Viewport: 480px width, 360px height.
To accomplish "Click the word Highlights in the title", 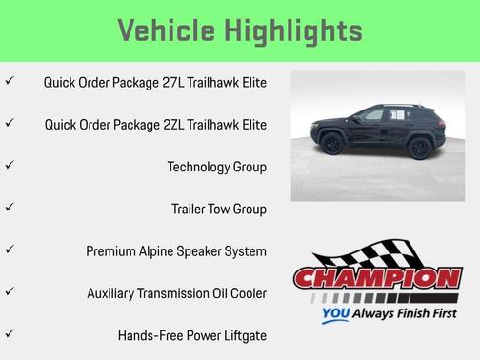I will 294,30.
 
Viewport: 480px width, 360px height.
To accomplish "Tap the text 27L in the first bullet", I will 169,82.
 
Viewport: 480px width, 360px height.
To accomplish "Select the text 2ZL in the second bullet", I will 169,124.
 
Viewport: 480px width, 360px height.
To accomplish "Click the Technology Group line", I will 216,167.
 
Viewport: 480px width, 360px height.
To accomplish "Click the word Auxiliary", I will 112,293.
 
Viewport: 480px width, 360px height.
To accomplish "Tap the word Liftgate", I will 241,335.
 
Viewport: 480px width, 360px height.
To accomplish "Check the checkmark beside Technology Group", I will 10,166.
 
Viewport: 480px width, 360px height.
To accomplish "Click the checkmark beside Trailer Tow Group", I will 10,208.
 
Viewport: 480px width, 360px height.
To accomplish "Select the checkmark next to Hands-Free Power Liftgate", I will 10,334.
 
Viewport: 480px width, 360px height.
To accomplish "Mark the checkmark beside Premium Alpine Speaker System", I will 10,250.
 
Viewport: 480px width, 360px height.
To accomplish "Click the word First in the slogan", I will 439,312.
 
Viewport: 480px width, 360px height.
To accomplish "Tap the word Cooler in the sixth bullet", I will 246,293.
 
